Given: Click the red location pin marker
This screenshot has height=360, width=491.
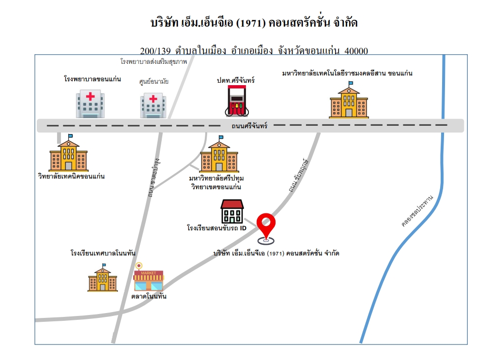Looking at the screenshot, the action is coord(266,228).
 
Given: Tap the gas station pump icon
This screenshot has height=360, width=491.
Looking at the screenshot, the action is coord(237,101).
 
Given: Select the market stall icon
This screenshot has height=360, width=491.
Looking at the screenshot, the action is coord(149,277).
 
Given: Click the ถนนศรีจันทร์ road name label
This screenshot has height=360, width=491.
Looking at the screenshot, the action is coord(249,126).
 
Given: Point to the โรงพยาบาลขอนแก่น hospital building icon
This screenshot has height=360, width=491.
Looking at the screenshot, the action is coord(90,104).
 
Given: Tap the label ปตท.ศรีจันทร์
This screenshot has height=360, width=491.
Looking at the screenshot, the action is coord(236,80).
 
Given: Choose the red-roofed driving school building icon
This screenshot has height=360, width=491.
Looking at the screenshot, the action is coord(232,211).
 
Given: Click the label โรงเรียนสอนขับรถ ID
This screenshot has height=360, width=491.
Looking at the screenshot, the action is coord(217,228).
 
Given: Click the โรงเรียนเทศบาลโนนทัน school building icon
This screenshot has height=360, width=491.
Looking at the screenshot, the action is coord(102,278).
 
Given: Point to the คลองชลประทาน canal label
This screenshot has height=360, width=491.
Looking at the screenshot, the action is coord(417,210).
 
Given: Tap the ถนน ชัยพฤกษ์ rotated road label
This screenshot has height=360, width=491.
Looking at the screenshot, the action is coord(298,175).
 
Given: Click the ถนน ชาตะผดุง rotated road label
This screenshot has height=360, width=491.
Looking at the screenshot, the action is coord(154,178).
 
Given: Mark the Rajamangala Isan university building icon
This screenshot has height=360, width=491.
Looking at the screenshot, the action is coord(349,100).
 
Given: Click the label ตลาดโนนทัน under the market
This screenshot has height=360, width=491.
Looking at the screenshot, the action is coord(149,296).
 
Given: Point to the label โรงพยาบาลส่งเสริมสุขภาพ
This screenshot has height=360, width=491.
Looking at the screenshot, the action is coord(154,61).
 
